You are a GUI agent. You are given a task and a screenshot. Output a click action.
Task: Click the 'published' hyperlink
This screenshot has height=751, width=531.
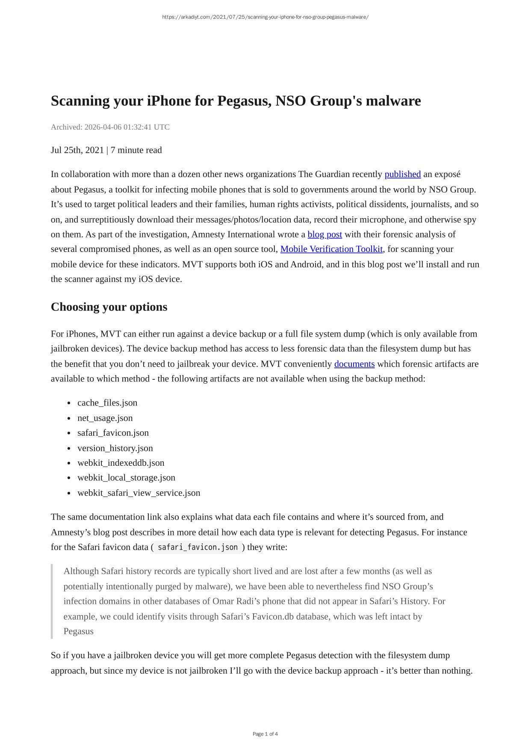pos(402,174)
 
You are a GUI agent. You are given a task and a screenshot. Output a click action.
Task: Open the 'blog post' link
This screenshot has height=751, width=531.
pos(324,234)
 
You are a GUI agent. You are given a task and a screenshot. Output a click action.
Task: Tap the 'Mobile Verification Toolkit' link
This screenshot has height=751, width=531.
pos(331,249)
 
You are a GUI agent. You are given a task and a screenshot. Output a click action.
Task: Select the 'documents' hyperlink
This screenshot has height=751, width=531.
pos(354,364)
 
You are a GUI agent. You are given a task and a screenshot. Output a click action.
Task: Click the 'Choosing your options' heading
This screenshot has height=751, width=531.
pos(109,307)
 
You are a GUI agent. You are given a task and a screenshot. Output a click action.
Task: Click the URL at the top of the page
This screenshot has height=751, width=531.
pos(265,17)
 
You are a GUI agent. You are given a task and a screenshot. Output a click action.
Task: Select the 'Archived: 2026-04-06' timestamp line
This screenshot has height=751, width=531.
pos(110,127)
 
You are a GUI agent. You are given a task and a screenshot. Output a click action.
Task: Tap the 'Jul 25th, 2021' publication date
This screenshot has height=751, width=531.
pos(77,150)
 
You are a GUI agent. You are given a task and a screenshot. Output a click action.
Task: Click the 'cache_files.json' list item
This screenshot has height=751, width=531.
pos(107,403)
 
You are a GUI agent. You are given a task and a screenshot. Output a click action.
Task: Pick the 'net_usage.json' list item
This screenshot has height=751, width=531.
pos(105,418)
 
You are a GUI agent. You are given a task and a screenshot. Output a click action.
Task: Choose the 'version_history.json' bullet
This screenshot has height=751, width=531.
pos(115,448)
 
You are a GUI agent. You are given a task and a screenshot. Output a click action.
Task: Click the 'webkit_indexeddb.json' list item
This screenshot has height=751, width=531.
pos(121,463)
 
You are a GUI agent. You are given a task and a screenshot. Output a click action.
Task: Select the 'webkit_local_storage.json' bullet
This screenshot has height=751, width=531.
pos(126,478)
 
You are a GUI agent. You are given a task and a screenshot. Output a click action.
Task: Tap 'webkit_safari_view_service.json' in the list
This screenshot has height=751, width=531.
pos(139,493)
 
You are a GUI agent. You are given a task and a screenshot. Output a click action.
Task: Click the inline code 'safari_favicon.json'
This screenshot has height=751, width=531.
pos(198,547)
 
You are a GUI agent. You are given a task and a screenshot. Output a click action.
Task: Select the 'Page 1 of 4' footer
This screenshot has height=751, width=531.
pos(265,734)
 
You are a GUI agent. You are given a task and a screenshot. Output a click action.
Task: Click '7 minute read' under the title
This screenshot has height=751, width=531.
pos(136,150)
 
